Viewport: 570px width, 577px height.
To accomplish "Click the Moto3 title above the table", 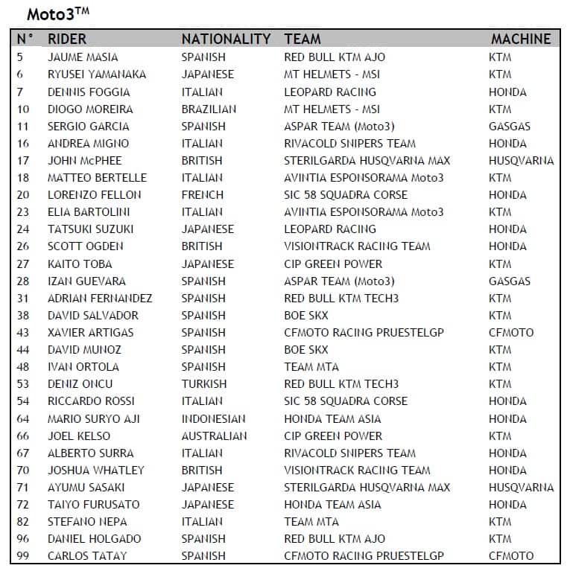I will (x=57, y=14).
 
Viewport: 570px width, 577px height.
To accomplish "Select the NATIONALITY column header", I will (x=226, y=39).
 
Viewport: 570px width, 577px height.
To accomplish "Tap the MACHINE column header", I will (x=521, y=39).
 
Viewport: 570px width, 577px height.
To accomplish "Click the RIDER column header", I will (x=67, y=39).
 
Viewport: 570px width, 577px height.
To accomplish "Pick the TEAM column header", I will (x=303, y=39).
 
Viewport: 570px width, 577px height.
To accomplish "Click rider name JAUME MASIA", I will (x=83, y=57).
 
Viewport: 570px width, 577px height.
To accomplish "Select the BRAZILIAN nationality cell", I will (x=209, y=109).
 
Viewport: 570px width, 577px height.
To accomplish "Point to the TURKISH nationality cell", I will (x=204, y=384).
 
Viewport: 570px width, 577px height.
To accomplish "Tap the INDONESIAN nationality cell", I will (x=214, y=418).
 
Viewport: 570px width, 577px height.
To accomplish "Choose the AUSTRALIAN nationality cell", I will (x=214, y=436).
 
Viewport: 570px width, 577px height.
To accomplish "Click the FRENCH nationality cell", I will (x=203, y=195).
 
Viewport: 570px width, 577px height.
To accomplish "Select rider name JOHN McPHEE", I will (x=84, y=161).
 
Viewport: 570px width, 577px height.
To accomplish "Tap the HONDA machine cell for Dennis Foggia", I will (x=507, y=92).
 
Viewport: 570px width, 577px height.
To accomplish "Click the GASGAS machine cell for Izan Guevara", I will (x=510, y=281).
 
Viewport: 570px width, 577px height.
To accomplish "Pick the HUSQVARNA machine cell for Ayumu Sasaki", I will (x=521, y=488).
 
